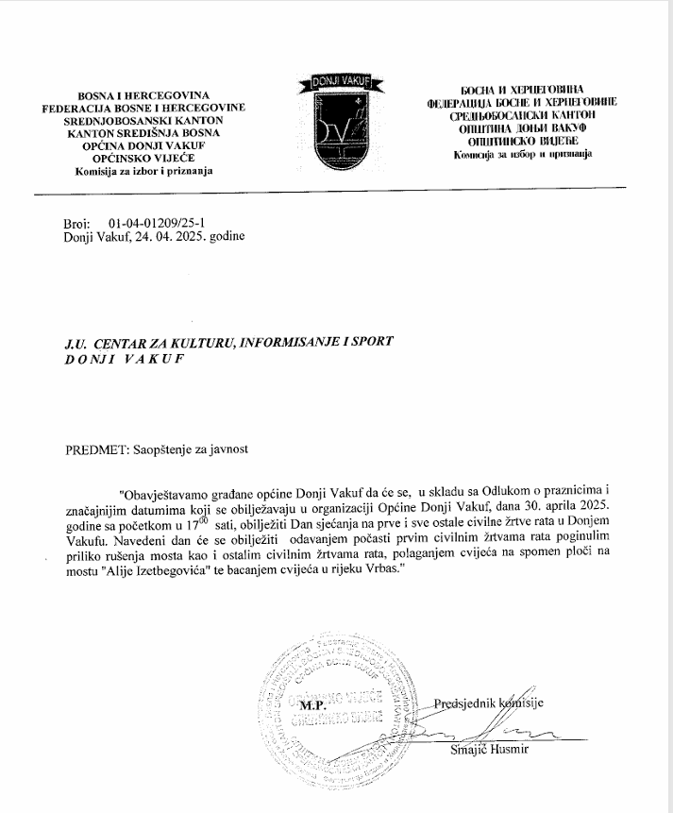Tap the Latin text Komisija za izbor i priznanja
pyautogui.click(x=143, y=171)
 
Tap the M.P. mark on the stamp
pyautogui.click(x=312, y=704)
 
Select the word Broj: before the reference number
pyautogui.click(x=76, y=224)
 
